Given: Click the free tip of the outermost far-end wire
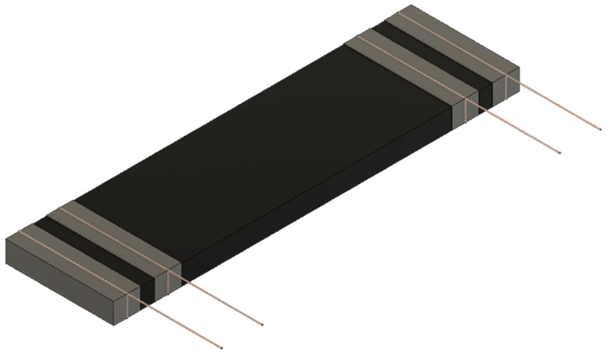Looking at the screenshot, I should [x=600, y=130].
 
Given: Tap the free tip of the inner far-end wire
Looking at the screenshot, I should [x=560, y=153].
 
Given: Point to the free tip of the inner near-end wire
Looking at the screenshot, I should [x=262, y=324].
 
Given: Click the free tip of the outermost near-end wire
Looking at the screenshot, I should [x=221, y=348].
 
